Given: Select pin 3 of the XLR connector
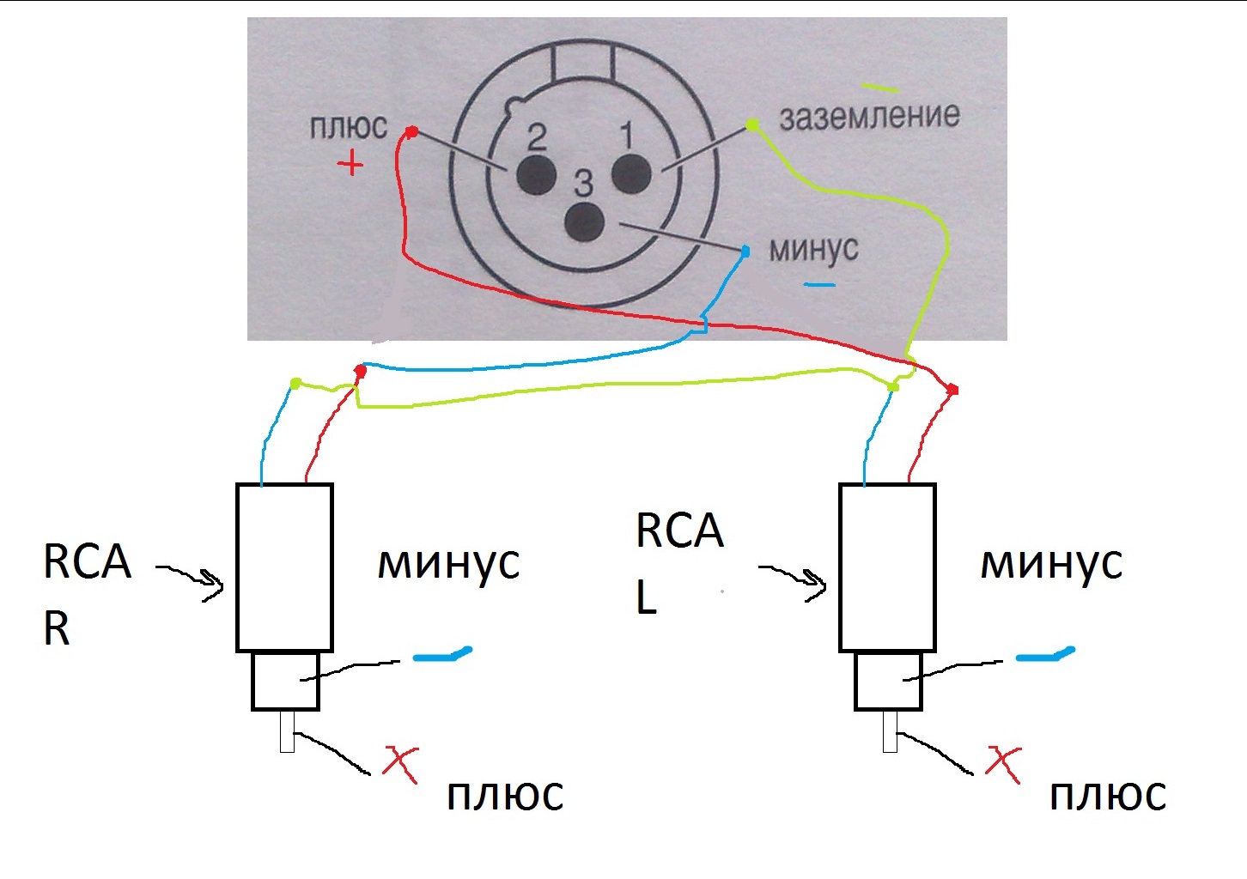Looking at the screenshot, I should point(585,221).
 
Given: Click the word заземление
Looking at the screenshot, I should point(869,116).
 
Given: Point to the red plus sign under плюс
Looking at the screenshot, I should point(350,162).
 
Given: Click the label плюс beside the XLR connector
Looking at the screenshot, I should point(349,127).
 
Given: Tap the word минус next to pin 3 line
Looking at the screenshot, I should point(813,248).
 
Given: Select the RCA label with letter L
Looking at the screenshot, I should point(678,562).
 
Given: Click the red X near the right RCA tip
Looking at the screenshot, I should point(1002,763).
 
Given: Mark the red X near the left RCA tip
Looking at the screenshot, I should point(399,763).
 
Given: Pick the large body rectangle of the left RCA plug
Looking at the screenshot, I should point(284,567).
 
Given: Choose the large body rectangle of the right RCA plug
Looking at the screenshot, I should point(887,567).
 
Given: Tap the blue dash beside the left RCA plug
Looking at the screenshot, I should point(442,656).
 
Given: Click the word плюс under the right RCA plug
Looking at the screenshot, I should point(1108,797).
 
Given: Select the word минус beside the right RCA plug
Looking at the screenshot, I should point(1051,564).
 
